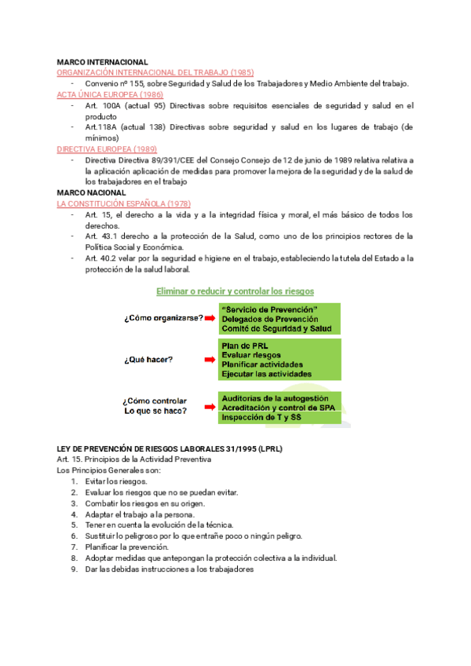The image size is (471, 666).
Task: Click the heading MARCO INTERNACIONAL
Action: coord(103,61)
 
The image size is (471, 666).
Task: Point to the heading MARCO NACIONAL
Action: coord(91,192)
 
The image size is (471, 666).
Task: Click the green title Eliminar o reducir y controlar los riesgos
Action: coord(235,291)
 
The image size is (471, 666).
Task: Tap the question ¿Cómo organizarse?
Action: coord(163,318)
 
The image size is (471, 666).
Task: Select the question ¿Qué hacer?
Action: coord(148,360)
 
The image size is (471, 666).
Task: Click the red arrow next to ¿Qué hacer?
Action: coord(209,360)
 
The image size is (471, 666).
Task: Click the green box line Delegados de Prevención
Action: coord(269,319)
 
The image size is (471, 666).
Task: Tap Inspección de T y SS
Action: coord(262,418)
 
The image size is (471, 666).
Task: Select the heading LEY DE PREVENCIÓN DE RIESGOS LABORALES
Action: coord(170,448)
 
